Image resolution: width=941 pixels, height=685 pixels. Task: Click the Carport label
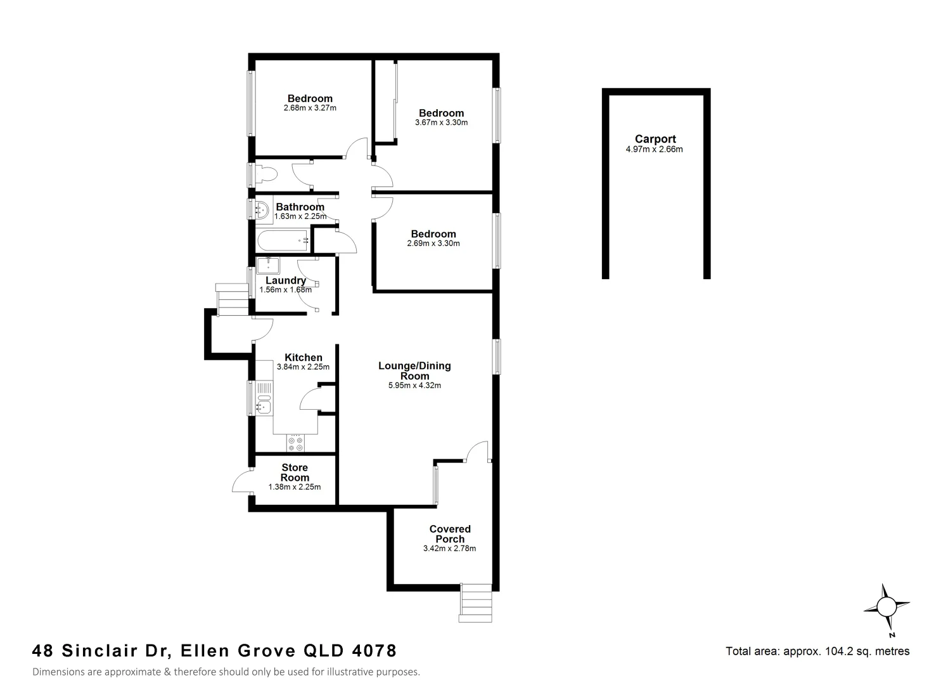[x=655, y=139]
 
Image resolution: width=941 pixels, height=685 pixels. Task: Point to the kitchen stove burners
[x=295, y=443]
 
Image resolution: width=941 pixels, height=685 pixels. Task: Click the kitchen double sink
[x=263, y=398]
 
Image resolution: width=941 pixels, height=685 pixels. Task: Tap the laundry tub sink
[x=269, y=264]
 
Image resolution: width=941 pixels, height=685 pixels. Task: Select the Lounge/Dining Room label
[x=414, y=370]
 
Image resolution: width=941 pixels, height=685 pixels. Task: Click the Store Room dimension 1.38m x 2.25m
[x=295, y=487]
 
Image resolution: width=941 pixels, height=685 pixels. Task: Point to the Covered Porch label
[x=449, y=533]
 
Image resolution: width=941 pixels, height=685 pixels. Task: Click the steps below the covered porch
[x=475, y=603]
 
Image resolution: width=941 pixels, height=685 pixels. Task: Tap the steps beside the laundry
[x=232, y=299]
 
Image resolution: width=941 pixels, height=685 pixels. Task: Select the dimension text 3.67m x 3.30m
[x=441, y=122]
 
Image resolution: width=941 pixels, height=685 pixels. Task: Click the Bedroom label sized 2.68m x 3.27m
[x=310, y=98]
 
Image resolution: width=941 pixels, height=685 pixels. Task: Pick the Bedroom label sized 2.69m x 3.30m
[x=433, y=234]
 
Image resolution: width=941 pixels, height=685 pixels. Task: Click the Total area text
[x=817, y=651]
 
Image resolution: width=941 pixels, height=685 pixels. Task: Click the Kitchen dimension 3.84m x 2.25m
[x=303, y=367]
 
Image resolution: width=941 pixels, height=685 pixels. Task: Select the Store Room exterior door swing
[x=243, y=482]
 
